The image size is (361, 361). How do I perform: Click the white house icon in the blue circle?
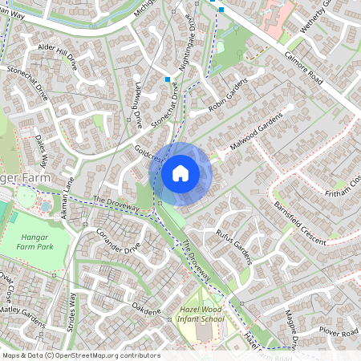pyautogui.click(x=180, y=172)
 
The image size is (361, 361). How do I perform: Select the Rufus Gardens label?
pyautogui.click(x=234, y=245)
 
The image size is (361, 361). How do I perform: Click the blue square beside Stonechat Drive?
pyautogui.click(x=167, y=80)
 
